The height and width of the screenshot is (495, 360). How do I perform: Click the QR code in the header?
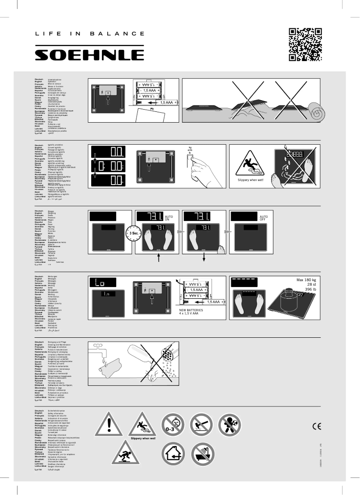305,44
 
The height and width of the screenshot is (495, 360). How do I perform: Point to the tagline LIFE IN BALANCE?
90,34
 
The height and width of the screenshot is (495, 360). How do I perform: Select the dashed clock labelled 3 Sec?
133,234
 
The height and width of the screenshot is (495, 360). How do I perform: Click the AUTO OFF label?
263,217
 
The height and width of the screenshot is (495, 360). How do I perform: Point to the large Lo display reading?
107,283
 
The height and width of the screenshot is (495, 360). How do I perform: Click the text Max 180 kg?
306,280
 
